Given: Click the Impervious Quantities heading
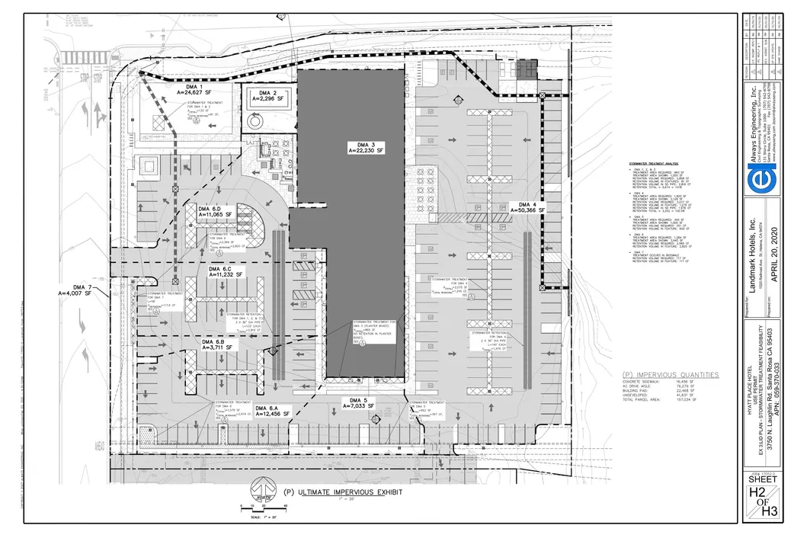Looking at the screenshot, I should (670, 375).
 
